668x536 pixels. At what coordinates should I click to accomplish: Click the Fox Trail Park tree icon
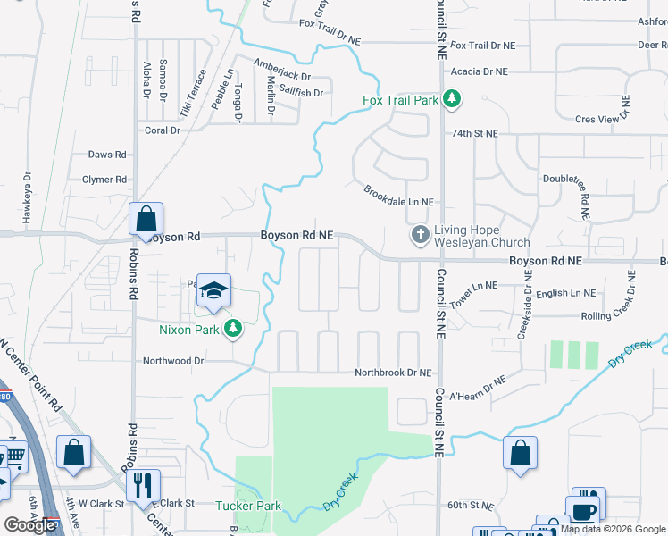pos(452,98)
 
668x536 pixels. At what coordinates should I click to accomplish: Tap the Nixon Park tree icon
pos(233,329)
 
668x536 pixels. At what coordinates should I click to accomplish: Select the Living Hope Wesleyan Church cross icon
pos(421,235)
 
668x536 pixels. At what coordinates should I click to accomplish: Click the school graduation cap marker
pos(214,290)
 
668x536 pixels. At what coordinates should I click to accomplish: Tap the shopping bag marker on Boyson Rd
pos(146,220)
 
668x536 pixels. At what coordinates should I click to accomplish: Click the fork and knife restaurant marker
pos(142,485)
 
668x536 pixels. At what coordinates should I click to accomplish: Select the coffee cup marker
pos(584,511)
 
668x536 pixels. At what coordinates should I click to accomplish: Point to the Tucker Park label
pos(248,506)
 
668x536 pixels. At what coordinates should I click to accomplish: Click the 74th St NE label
pos(473,133)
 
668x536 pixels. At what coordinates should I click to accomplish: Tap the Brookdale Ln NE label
pos(398,197)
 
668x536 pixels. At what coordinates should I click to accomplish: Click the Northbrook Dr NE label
pos(393,373)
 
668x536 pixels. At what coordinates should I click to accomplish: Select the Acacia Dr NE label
pos(479,71)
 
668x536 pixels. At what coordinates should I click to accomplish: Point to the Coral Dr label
pos(163,130)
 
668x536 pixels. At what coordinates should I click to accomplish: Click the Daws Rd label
pos(107,155)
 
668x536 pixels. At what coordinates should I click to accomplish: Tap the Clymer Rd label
pos(104,180)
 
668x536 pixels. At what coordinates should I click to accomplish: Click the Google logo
pos(29,524)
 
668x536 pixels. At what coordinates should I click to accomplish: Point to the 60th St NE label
pos(470,506)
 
